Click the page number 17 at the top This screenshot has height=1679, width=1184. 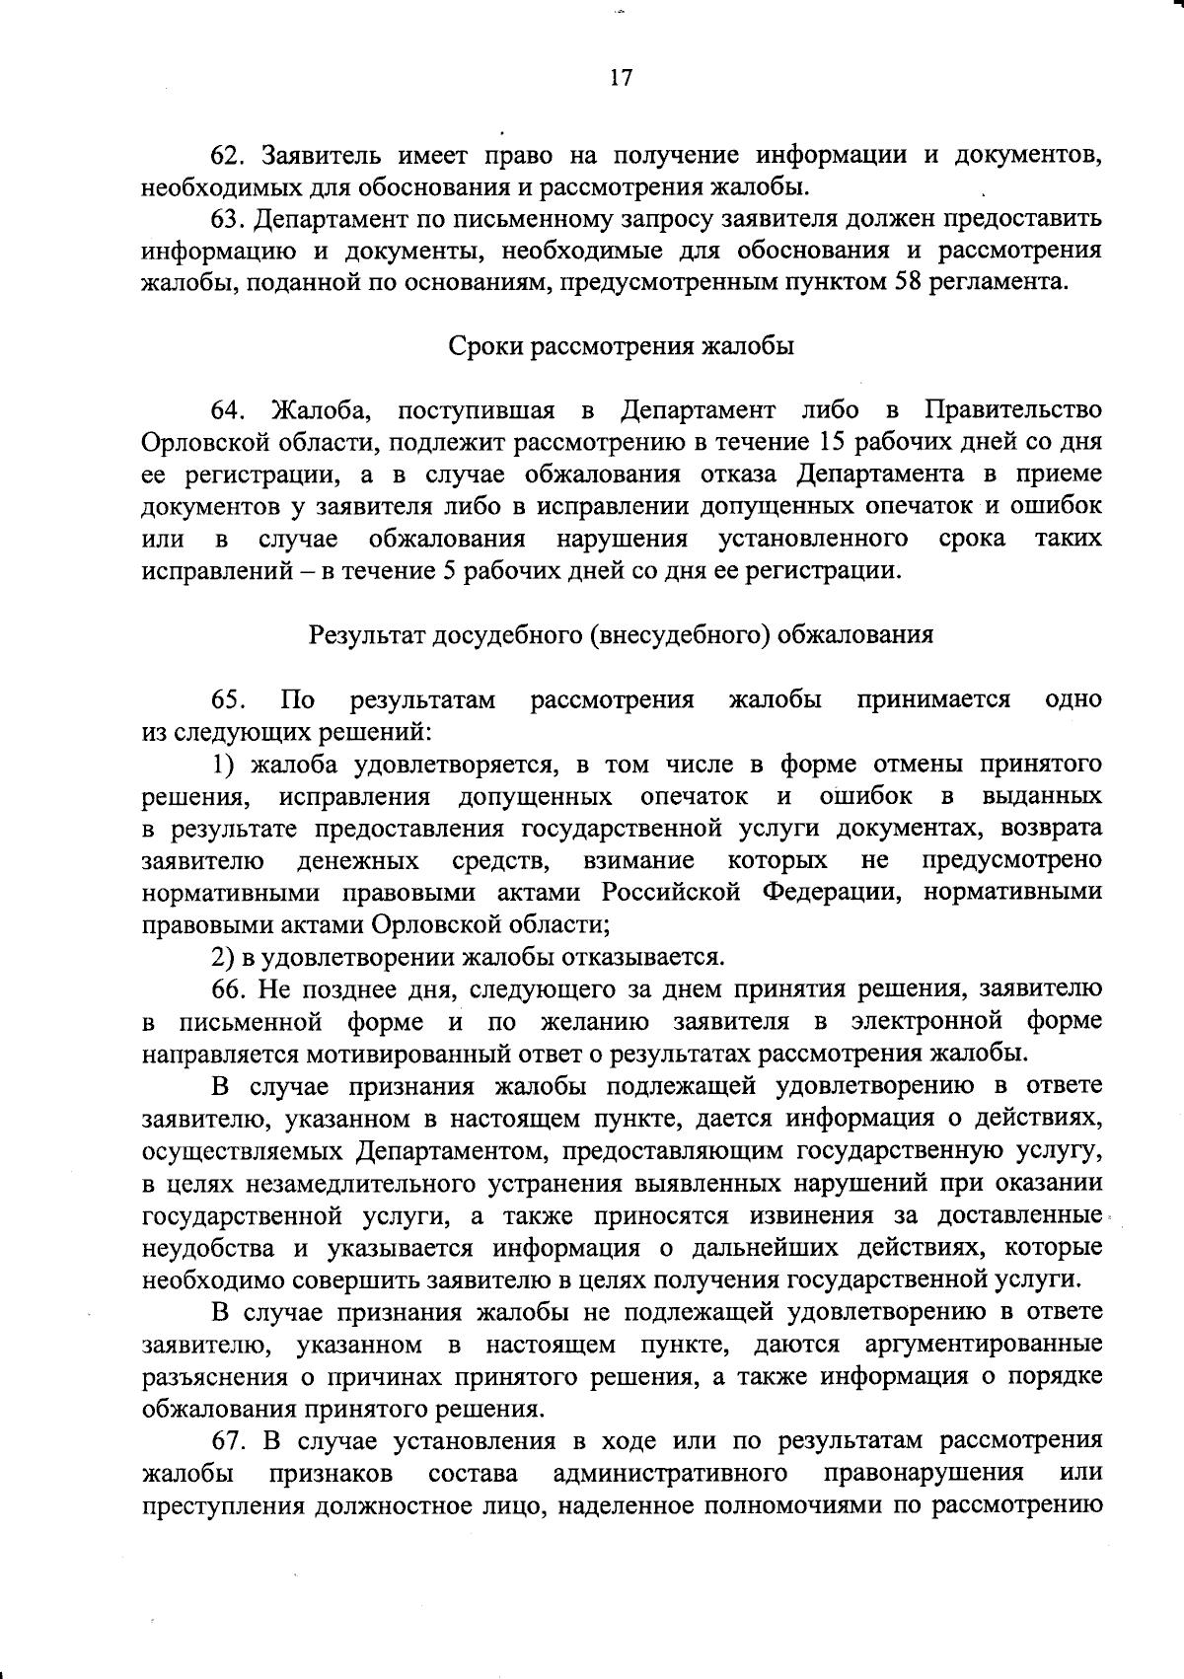[621, 79]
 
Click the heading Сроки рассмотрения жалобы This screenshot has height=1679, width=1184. [621, 347]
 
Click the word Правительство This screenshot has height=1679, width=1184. [1013, 410]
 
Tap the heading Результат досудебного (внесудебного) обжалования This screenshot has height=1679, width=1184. [622, 634]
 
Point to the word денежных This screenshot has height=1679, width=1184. [358, 860]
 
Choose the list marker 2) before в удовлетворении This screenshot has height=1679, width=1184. [223, 957]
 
